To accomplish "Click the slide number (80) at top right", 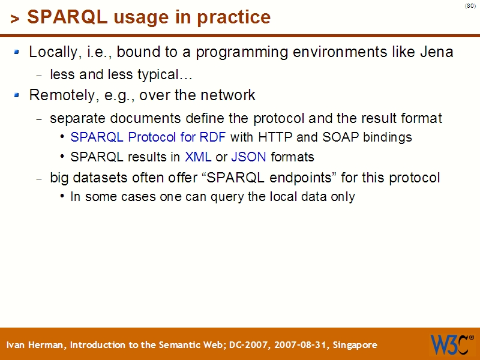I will (470, 6).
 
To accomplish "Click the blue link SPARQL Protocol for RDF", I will (148, 137).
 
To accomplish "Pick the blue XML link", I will (198, 157).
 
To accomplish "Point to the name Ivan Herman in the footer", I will (37, 345).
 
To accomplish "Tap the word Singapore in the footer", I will (355, 345).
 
